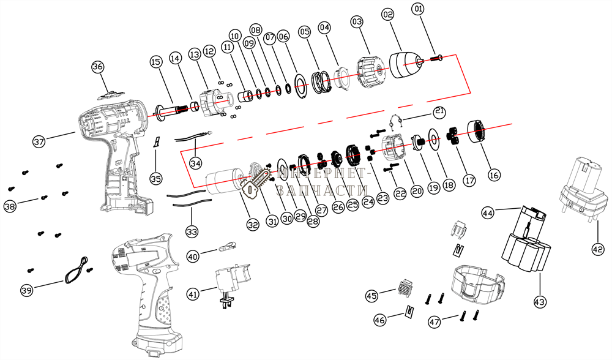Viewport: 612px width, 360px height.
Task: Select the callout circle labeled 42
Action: [x=597, y=249]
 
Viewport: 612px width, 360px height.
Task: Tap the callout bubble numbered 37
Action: [x=40, y=142]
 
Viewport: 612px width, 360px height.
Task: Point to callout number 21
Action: [x=439, y=111]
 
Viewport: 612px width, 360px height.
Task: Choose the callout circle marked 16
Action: [x=494, y=175]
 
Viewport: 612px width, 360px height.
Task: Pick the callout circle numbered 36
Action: [x=98, y=66]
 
